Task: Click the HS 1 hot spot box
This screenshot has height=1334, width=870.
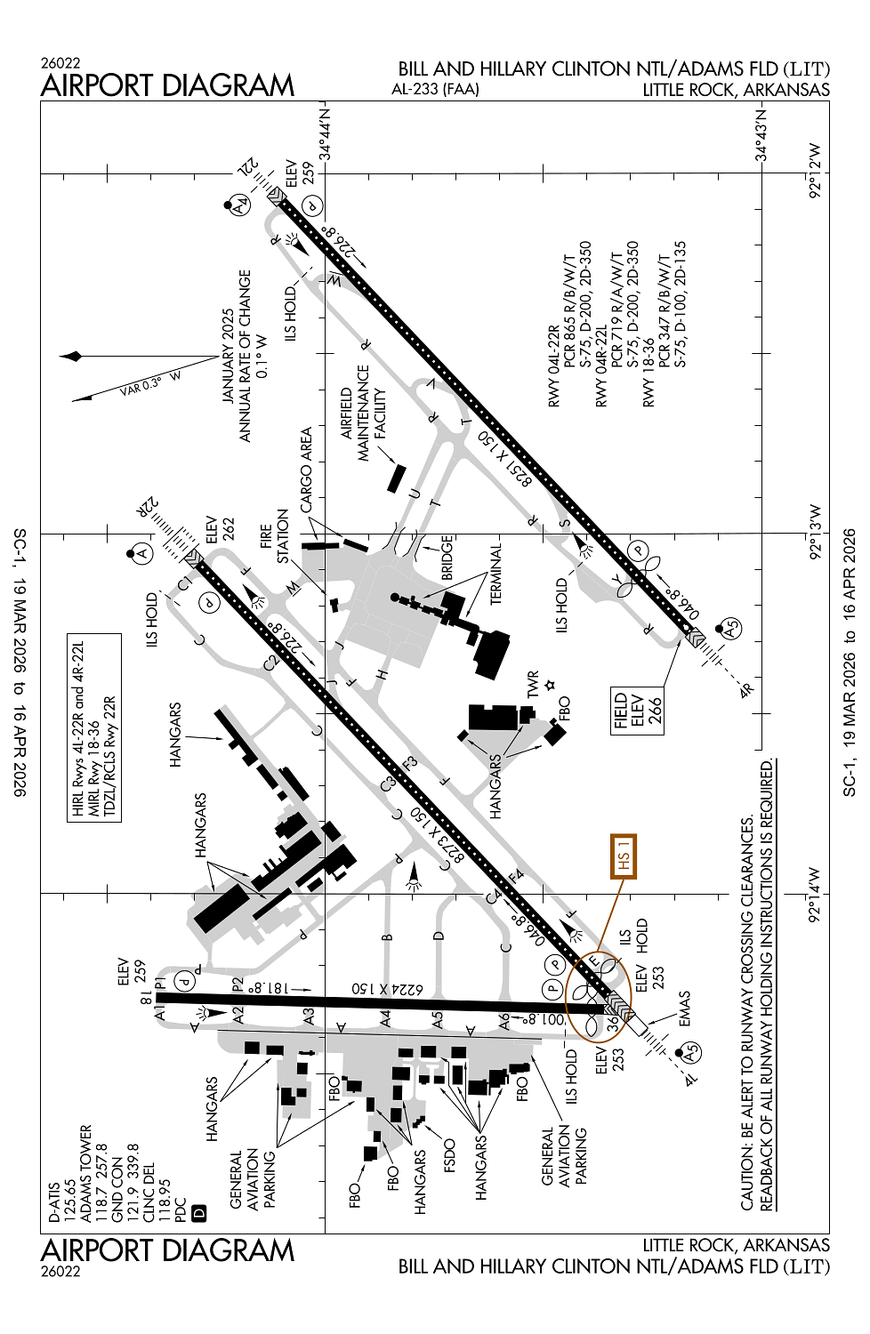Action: pyautogui.click(x=624, y=856)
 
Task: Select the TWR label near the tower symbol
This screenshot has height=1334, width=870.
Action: pyautogui.click(x=533, y=685)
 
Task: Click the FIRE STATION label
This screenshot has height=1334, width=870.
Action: pyautogui.click(x=275, y=536)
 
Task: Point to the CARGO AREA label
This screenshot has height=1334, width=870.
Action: pyautogui.click(x=307, y=470)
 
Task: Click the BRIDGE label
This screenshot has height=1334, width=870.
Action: pyautogui.click(x=447, y=558)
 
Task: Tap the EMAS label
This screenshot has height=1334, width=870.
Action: pyautogui.click(x=684, y=1009)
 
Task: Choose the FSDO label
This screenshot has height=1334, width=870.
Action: pyautogui.click(x=449, y=1157)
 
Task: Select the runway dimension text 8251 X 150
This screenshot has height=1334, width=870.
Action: pyautogui.click(x=505, y=459)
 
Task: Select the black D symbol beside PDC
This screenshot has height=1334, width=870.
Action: pyautogui.click(x=199, y=1212)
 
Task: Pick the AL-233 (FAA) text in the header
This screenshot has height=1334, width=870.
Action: pyautogui.click(x=435, y=89)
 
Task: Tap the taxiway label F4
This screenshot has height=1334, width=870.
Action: pyautogui.click(x=515, y=877)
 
